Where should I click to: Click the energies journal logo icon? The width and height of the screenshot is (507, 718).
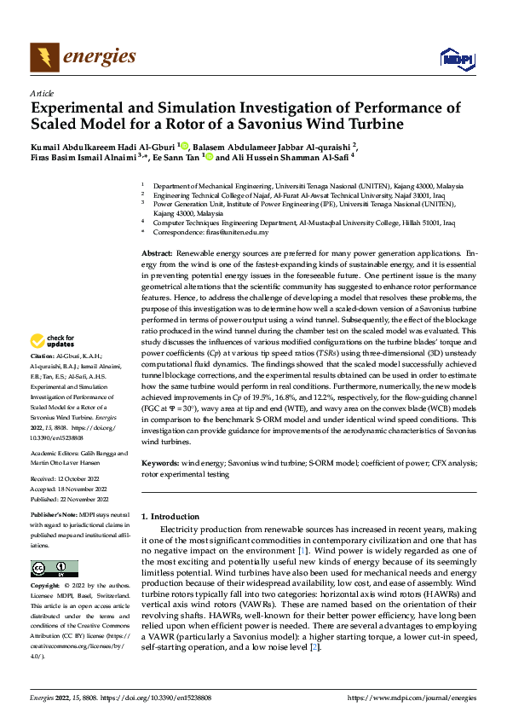click(43, 57)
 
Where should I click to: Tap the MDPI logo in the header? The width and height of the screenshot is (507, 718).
click(453, 58)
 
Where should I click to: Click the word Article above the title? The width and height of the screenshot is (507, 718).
click(42, 93)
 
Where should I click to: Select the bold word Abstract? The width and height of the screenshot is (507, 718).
click(156, 255)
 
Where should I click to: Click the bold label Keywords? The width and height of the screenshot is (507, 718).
click(159, 462)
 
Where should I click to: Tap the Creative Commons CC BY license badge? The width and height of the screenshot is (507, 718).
click(54, 569)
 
